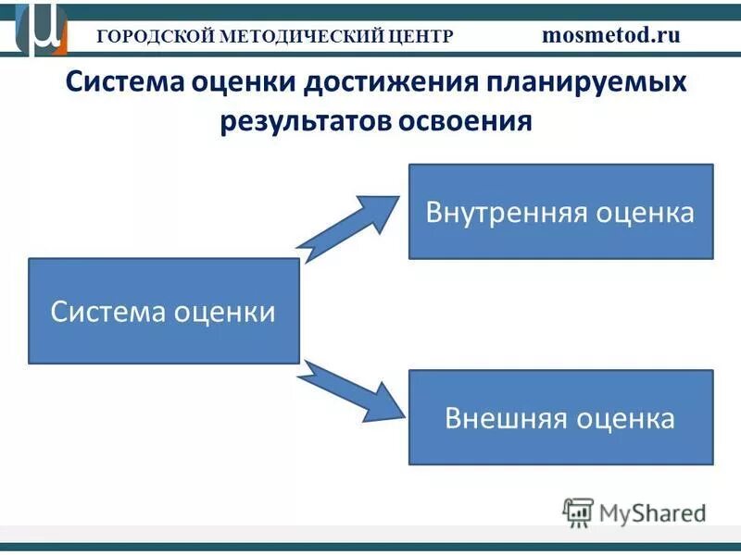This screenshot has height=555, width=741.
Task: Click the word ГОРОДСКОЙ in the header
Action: pos(153,36)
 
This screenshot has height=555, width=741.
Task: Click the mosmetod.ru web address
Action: pos(610,35)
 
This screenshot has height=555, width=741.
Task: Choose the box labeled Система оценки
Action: pos(164,311)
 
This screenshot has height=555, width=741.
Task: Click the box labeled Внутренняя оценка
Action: pos(560,212)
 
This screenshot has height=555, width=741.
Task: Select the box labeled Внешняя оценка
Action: pos(560,417)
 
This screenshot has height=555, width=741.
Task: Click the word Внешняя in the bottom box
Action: pos(506,418)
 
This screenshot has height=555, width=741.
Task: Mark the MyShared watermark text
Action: pos(652,512)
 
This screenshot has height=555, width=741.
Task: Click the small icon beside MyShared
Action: pos(578,512)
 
